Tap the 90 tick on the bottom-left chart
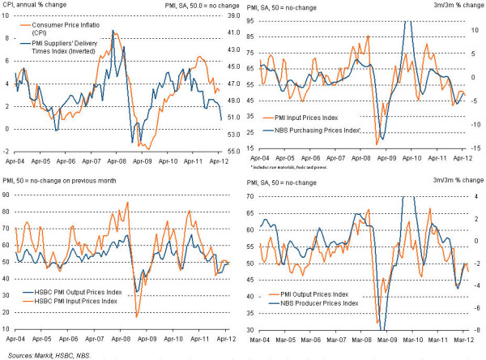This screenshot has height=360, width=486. [7, 195]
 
